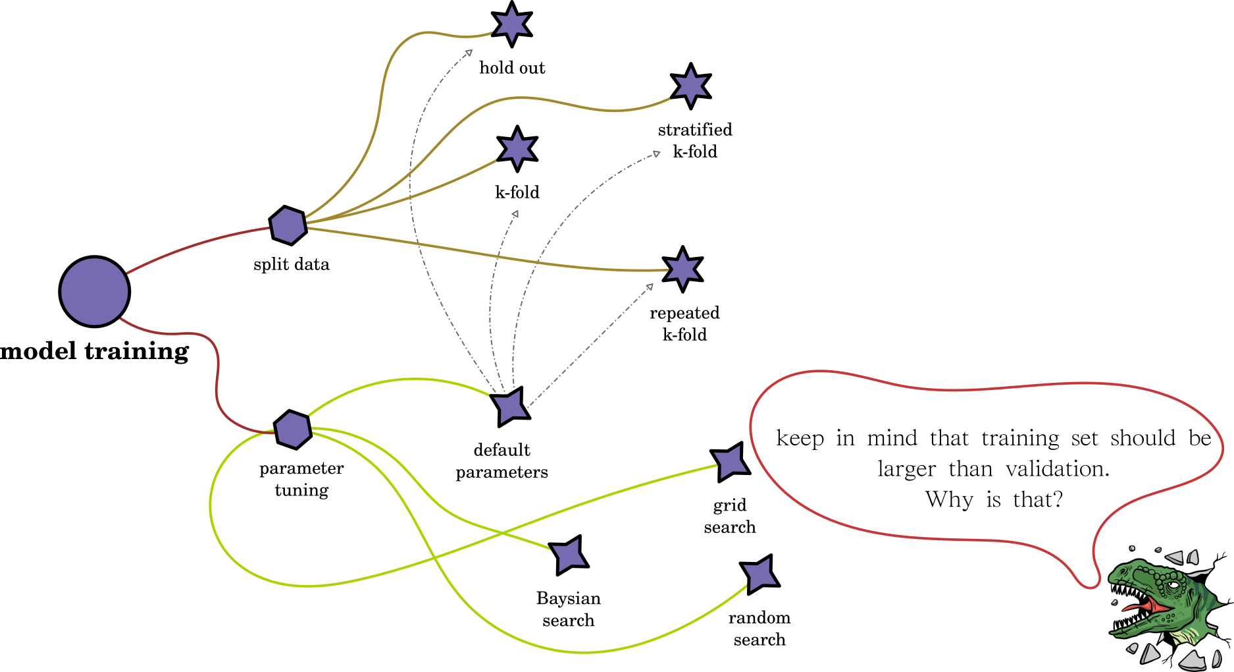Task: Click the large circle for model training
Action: (x=95, y=291)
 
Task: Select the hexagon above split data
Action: (x=288, y=225)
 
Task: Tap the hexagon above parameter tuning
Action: (x=293, y=430)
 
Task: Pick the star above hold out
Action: (x=512, y=24)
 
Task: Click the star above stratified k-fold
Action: (x=690, y=86)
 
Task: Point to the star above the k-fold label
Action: (x=517, y=149)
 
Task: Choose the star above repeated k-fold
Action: (x=682, y=269)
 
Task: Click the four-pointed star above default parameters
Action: (x=511, y=406)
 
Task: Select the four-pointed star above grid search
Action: (x=730, y=462)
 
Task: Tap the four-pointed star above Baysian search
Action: (x=569, y=555)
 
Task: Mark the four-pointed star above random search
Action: (x=759, y=574)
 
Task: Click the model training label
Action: (x=95, y=351)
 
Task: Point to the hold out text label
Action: (x=512, y=68)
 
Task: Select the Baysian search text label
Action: (x=569, y=609)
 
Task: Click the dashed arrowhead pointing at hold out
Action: (x=469, y=53)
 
